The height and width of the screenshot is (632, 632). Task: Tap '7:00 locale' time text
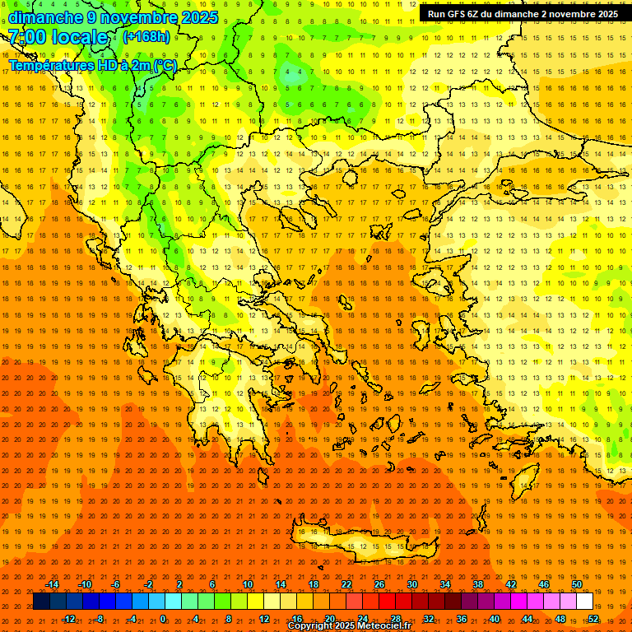[58, 37]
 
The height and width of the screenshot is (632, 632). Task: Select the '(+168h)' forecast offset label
[146, 37]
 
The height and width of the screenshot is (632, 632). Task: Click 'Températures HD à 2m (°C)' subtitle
[93, 64]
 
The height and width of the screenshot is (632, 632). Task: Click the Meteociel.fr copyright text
[350, 626]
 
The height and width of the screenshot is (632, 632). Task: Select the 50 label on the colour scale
[577, 584]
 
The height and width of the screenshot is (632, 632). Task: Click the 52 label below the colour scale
[593, 619]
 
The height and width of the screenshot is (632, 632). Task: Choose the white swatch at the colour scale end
[585, 602]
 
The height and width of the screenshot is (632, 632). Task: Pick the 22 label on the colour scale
[346, 584]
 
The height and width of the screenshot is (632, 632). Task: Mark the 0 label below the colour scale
[163, 619]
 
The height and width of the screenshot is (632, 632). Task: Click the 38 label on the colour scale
[478, 584]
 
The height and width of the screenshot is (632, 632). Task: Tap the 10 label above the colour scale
[248, 584]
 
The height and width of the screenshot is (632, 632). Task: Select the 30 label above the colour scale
[412, 584]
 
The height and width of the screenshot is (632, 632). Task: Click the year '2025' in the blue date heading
[199, 17]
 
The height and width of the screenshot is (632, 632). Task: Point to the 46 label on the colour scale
[544, 584]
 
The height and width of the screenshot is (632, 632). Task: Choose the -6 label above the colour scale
[116, 584]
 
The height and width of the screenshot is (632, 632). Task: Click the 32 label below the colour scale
[429, 619]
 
